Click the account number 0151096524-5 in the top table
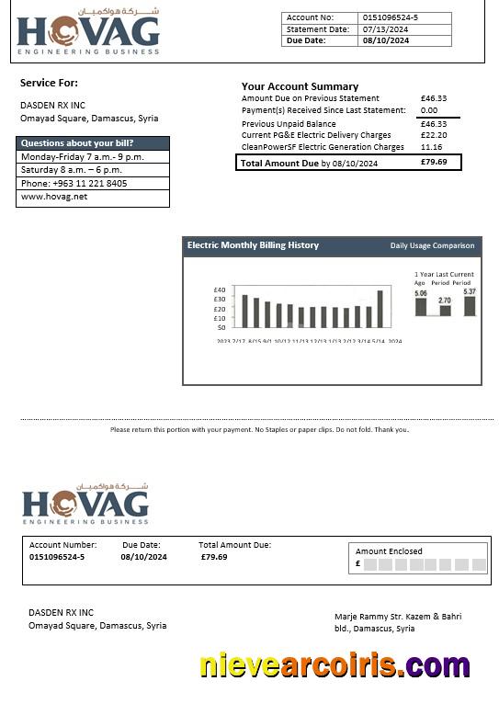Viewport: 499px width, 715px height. point(390,17)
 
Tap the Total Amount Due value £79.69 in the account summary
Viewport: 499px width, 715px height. point(433,163)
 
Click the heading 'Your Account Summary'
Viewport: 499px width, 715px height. point(300,86)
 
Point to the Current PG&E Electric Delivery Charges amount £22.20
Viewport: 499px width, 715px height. point(433,135)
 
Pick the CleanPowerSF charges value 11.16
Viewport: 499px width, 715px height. point(431,147)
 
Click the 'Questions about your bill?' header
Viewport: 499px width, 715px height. point(77,143)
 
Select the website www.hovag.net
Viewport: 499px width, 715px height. point(54,197)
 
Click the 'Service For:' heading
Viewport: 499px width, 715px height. point(49,83)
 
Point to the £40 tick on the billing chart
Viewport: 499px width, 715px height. point(219,289)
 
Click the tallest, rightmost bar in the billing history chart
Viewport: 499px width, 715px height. point(380,309)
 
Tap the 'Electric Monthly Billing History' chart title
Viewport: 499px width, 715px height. point(253,245)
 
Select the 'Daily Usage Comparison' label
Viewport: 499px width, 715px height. point(432,245)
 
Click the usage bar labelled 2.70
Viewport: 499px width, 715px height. point(445,311)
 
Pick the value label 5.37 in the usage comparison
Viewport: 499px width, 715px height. point(470,291)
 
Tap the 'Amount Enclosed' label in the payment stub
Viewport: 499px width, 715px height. point(389,551)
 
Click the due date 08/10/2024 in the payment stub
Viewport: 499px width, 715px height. point(143,557)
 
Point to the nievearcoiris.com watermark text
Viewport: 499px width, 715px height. point(335,665)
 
